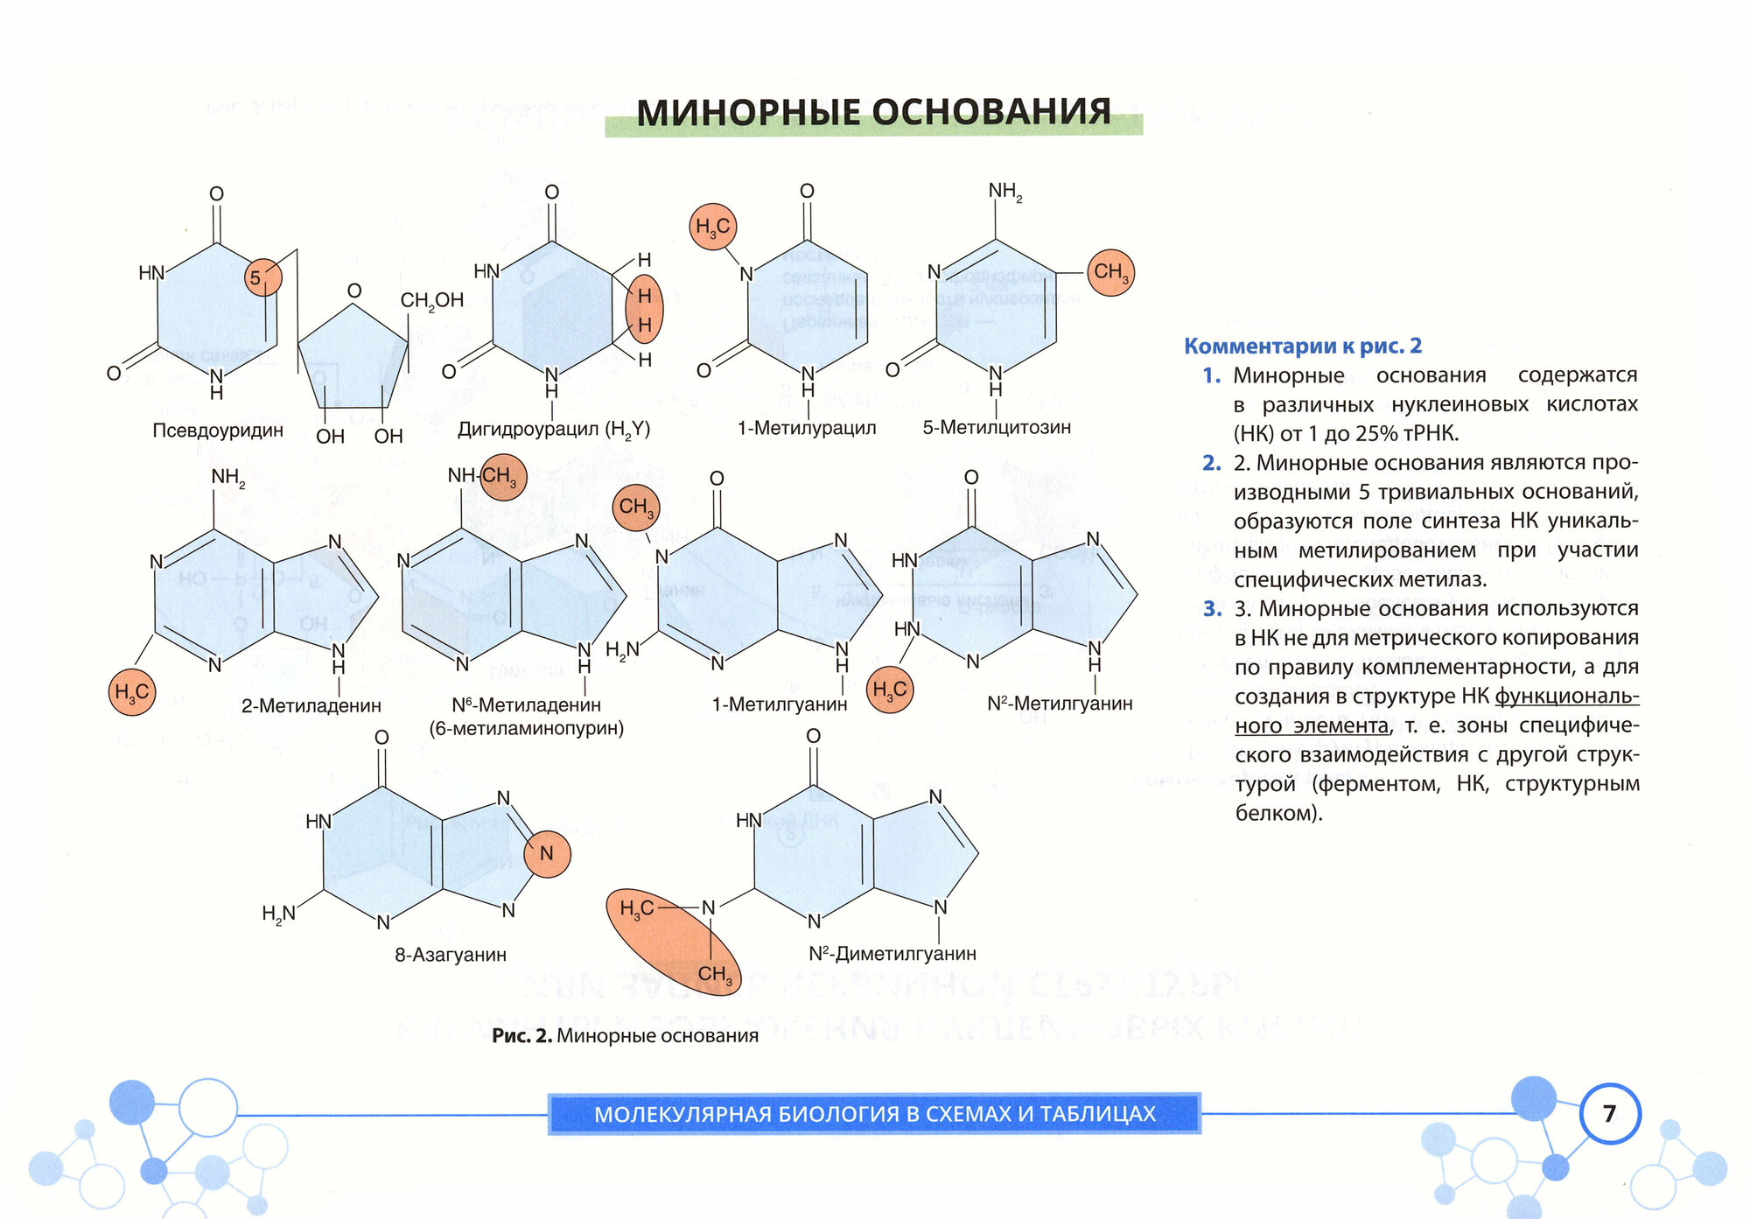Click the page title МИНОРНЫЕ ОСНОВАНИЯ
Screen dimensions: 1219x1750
click(873, 113)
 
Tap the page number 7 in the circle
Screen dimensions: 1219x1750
click(1609, 1113)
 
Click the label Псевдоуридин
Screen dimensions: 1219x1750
click(218, 431)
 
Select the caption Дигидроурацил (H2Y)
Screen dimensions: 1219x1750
click(554, 430)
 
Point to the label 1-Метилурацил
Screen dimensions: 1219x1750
click(807, 428)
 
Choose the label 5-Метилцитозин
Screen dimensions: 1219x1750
click(997, 427)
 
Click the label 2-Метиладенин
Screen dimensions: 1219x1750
click(311, 705)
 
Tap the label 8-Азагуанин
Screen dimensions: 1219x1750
click(451, 955)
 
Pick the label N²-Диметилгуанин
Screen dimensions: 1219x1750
click(892, 954)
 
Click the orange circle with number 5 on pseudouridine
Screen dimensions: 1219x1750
click(262, 277)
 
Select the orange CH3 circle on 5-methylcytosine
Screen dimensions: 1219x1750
click(1110, 272)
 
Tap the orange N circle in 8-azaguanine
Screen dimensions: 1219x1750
click(547, 853)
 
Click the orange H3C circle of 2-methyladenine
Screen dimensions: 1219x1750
click(132, 693)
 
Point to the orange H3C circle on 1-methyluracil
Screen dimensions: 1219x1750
click(712, 227)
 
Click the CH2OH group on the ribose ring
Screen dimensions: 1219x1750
click(431, 301)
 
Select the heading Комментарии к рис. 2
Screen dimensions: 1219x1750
click(1302, 347)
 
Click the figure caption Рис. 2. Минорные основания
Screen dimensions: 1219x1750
click(625, 1036)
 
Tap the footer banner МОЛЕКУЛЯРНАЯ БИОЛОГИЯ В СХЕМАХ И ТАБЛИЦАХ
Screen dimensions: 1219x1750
click(874, 1114)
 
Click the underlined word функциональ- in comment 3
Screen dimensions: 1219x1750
click(1566, 697)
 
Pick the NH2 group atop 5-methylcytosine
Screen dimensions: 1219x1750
click(1004, 192)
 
